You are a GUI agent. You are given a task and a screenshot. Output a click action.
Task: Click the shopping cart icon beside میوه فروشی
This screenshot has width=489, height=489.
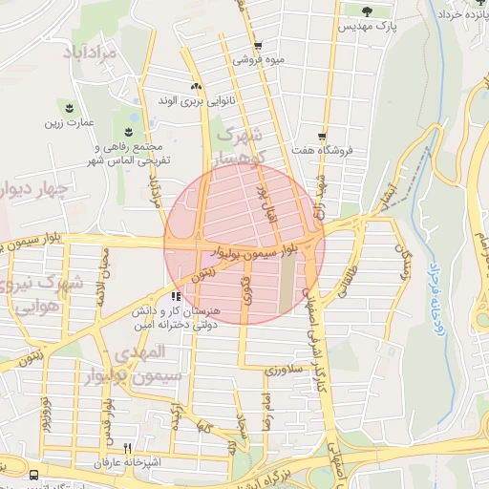point(257,46)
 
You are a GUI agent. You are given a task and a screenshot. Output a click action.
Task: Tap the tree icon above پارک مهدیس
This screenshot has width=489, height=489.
point(368,11)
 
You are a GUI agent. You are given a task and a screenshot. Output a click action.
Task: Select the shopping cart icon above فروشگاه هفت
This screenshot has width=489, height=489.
point(324,137)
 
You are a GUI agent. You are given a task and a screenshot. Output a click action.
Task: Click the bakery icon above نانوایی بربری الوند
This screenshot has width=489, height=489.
point(196,86)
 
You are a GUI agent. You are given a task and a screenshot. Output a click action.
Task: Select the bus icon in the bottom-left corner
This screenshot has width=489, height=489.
point(34,474)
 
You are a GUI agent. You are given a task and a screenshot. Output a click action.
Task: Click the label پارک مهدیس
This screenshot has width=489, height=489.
point(366,28)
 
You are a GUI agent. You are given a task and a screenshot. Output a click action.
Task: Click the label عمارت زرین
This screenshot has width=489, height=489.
point(68,122)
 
